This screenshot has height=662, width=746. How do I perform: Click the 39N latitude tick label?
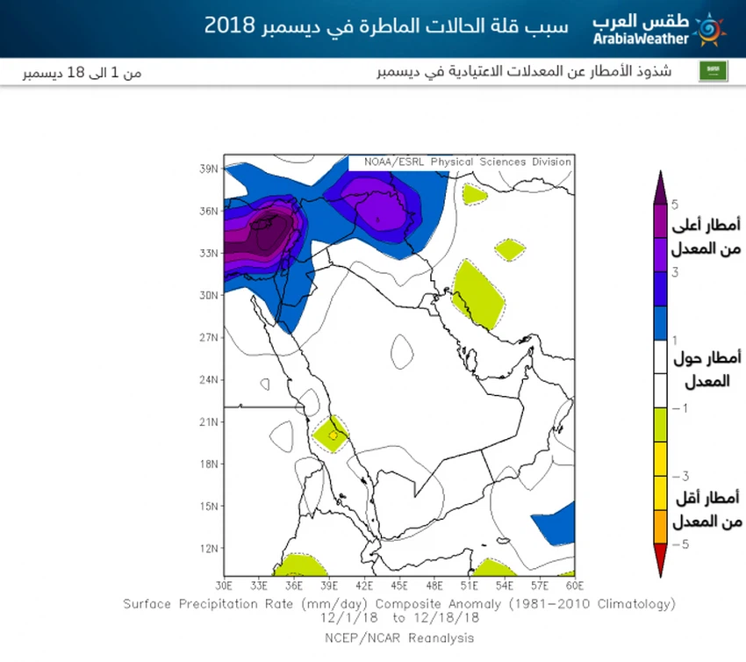[x=208, y=169]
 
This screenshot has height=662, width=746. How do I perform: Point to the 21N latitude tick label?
[x=208, y=421]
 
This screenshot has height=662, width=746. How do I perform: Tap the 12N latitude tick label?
[x=208, y=548]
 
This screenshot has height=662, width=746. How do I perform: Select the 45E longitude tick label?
[x=399, y=585]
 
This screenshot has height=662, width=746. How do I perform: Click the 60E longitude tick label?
[x=575, y=585]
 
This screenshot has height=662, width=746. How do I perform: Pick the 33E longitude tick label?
[x=259, y=585]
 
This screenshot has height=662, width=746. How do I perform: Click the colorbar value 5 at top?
[x=674, y=205]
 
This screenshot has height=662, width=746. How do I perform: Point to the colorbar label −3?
[x=678, y=476]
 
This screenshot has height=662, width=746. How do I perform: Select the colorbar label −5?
[x=678, y=544]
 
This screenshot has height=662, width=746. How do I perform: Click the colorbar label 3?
[x=674, y=272]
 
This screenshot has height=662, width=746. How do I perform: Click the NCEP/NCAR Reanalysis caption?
[x=399, y=637]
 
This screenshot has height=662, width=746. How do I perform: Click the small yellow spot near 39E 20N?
[x=333, y=435]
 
